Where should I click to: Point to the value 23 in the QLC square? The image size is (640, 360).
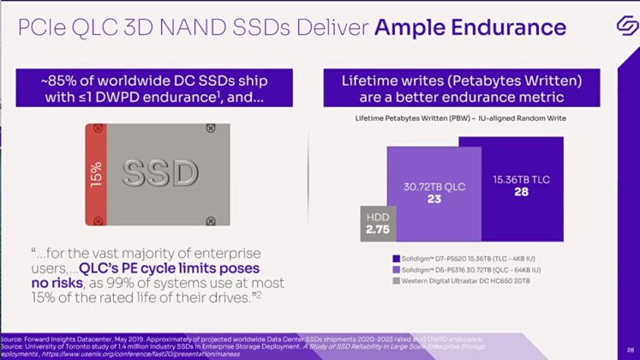(434, 199)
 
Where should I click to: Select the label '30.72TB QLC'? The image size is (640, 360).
(433, 185)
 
